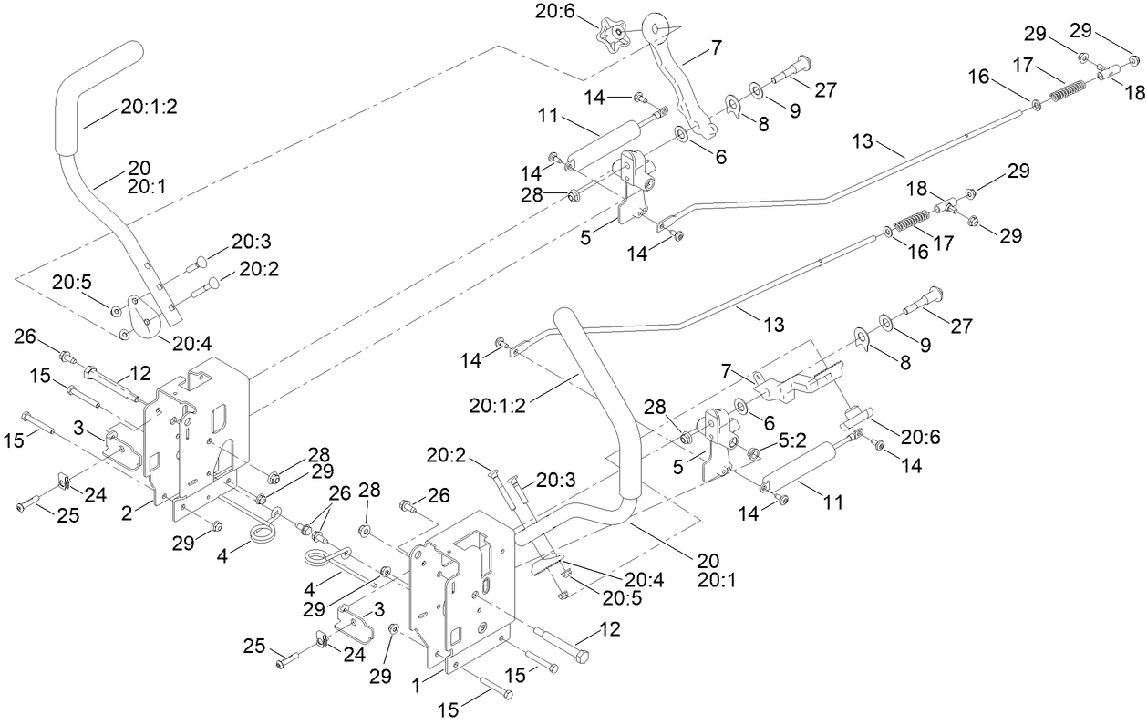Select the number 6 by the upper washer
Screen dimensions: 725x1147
pyautogui.click(x=720, y=157)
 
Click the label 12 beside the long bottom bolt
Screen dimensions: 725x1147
pyautogui.click(x=609, y=629)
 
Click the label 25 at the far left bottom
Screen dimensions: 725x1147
pyautogui.click(x=67, y=515)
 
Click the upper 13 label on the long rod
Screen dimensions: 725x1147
pyautogui.click(x=863, y=143)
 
